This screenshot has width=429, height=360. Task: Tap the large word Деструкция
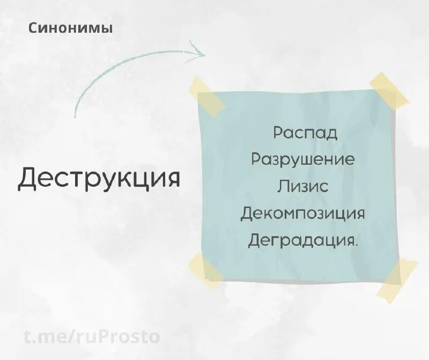(99, 178)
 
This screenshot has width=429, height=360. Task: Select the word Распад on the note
(305, 133)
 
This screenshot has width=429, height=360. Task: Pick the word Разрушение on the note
(303, 159)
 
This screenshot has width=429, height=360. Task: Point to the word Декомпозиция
(303, 213)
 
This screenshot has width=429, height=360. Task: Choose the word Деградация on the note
(301, 240)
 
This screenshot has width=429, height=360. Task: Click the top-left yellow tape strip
(207, 97)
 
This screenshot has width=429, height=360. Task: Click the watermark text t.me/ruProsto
(92, 336)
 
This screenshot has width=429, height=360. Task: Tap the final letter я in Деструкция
(172, 179)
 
